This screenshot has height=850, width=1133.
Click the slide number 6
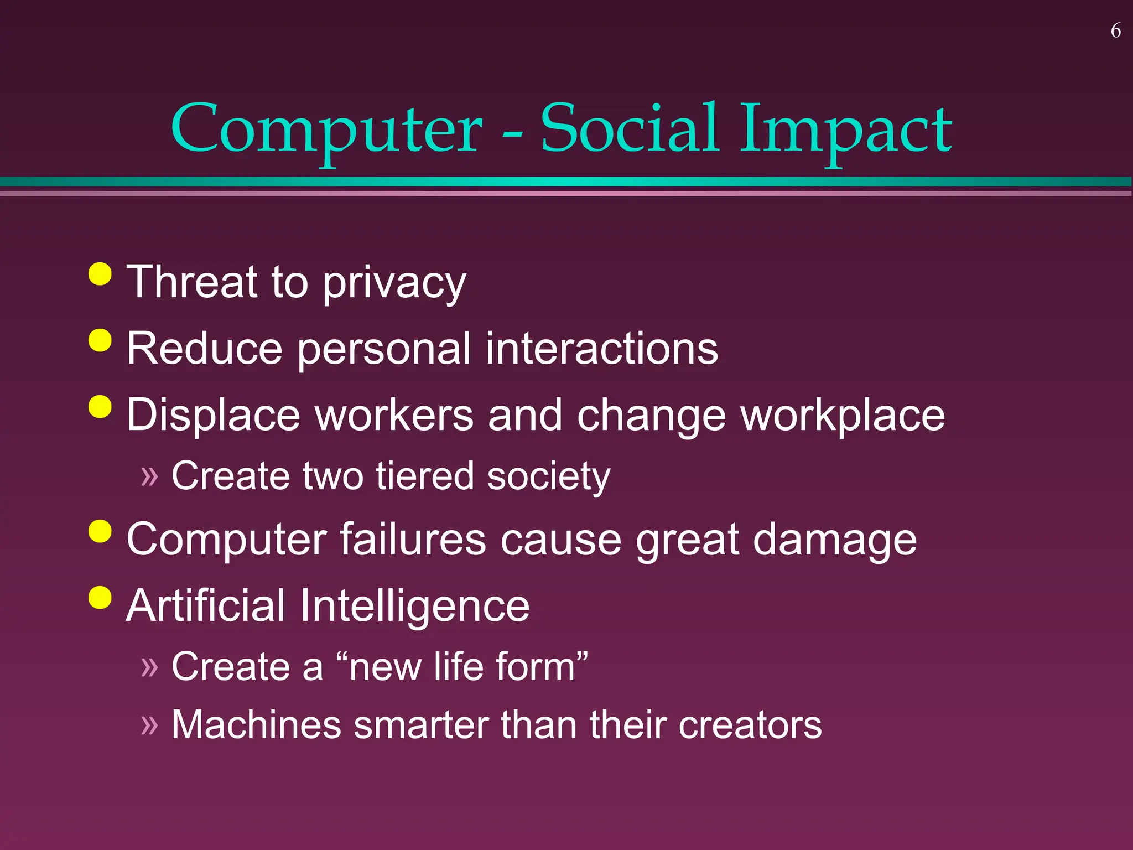click(x=1115, y=31)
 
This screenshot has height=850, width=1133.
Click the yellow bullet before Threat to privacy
click(x=100, y=273)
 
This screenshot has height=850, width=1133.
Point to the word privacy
click(x=394, y=283)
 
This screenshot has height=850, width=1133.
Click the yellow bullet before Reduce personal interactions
click(x=100, y=340)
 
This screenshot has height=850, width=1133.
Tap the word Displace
click(x=214, y=416)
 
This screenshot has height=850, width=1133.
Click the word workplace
click(x=843, y=416)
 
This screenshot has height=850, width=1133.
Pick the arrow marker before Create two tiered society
click(x=149, y=476)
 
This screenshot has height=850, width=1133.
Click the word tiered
click(x=425, y=476)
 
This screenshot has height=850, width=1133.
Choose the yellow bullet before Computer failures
click(x=100, y=531)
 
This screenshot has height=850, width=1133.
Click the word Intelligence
click(x=415, y=607)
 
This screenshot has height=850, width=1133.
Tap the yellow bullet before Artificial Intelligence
click(x=100, y=598)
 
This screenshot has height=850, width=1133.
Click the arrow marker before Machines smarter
click(x=149, y=725)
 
